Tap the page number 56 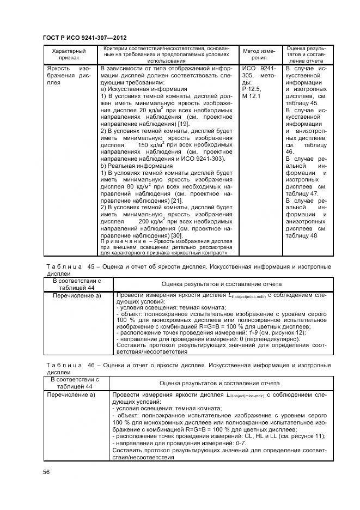(46, 472)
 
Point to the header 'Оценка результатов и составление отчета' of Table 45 (221, 284)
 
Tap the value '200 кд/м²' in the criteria (151, 222)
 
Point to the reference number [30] (176, 235)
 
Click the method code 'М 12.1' (252, 96)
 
